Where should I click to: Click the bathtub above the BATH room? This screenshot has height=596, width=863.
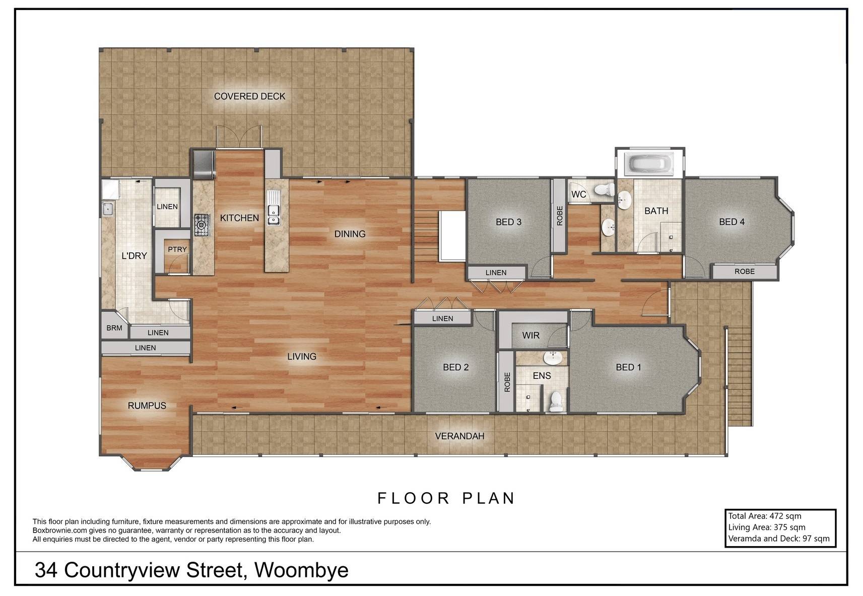pos(650,164)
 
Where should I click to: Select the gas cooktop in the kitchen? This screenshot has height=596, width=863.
pos(202,225)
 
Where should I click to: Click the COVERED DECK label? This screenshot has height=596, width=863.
pos(250,96)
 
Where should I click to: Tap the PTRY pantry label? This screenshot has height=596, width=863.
pos(177,249)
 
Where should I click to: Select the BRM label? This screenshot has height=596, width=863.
pos(114,328)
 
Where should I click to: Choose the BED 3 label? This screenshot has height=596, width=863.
pos(508,222)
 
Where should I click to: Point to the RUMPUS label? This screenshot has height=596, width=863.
pos(147,405)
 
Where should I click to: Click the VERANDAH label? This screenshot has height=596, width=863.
pos(459,436)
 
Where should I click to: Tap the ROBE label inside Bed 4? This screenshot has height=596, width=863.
pos(744,271)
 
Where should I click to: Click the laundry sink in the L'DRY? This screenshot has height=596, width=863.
pos(107,209)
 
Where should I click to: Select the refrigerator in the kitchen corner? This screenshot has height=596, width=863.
pos(204,165)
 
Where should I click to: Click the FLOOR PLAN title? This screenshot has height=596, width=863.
pos(446,498)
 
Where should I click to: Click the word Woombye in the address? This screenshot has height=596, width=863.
pos(301,570)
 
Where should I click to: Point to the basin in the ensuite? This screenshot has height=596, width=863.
pos(553,358)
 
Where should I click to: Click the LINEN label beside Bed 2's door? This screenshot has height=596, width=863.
pos(442,318)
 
